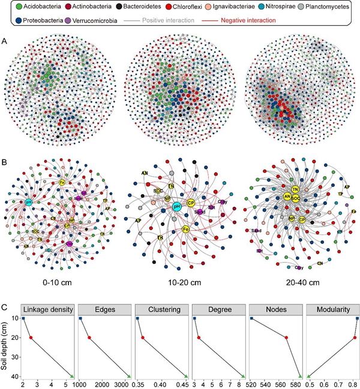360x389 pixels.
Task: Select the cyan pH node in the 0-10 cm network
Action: coord(28,203)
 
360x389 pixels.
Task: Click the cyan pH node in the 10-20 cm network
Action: coord(177,206)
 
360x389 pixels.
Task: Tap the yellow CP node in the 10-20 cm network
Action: coord(191,202)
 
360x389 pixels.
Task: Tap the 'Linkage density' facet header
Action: coord(47,309)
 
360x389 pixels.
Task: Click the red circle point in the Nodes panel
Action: coord(286,338)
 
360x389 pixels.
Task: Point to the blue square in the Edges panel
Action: coord(81,319)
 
